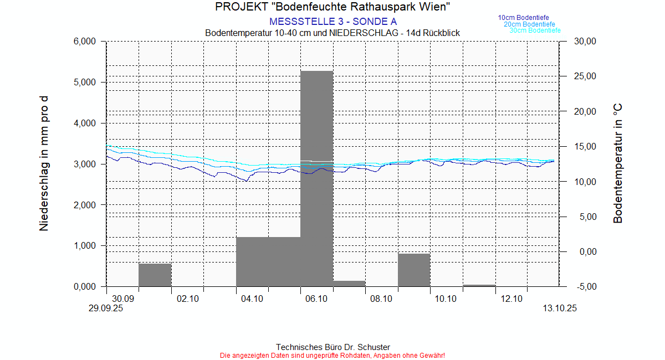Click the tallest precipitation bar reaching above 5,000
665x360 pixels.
tap(316, 177)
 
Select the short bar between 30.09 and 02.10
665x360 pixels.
tap(155, 275)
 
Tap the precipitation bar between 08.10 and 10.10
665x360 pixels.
tap(414, 270)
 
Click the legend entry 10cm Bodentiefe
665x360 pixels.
tap(523, 18)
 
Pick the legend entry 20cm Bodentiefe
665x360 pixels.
tap(529, 24)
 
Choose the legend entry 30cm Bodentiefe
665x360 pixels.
tap(535, 30)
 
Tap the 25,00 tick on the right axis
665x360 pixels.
tap(585, 76)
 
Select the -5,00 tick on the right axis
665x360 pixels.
tap(585, 287)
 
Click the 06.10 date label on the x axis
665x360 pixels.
tap(316, 299)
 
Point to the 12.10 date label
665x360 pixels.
tap(511, 299)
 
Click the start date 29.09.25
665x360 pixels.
tap(106, 309)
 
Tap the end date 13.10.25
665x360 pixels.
tap(560, 309)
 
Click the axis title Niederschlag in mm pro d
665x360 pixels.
tap(44, 163)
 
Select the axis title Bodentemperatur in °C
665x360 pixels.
tap(618, 163)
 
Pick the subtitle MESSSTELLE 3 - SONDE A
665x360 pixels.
tap(332, 22)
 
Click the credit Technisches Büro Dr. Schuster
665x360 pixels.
tap(332, 347)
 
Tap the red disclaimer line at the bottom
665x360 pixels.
tap(332, 355)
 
